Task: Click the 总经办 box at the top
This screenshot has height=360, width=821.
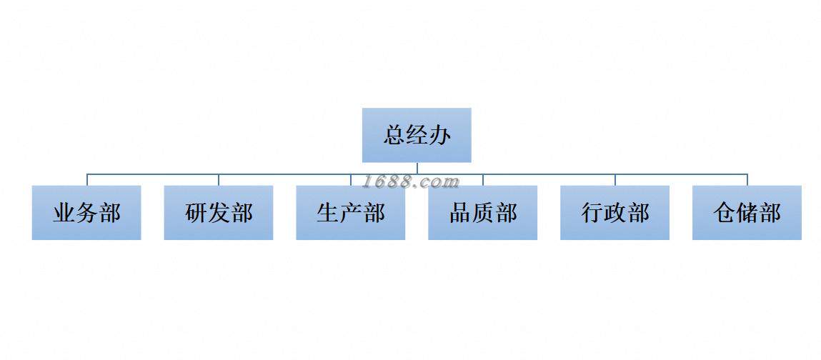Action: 417,135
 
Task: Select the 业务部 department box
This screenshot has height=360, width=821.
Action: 86,213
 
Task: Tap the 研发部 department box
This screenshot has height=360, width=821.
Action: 219,213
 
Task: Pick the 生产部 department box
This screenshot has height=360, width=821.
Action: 351,213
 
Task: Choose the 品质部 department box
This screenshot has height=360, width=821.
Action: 483,213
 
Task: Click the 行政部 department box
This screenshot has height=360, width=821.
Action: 615,213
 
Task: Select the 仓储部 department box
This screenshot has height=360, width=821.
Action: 747,213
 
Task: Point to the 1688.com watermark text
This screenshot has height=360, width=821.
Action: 411,181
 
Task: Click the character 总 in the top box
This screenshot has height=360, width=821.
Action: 395,135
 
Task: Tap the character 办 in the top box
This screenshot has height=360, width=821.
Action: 439,135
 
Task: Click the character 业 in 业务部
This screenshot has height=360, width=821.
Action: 64,213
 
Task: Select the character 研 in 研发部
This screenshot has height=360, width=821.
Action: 196,213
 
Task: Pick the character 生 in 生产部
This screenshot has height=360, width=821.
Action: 329,213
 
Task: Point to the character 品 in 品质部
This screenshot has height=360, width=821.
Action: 461,213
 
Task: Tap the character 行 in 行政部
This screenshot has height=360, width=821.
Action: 593,213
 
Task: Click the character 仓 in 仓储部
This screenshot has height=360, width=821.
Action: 725,213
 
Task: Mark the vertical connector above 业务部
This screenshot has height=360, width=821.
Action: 87,179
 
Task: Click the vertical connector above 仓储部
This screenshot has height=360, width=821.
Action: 747,179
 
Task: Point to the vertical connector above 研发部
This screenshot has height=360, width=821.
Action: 219,179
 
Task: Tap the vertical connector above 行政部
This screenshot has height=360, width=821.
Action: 615,179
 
